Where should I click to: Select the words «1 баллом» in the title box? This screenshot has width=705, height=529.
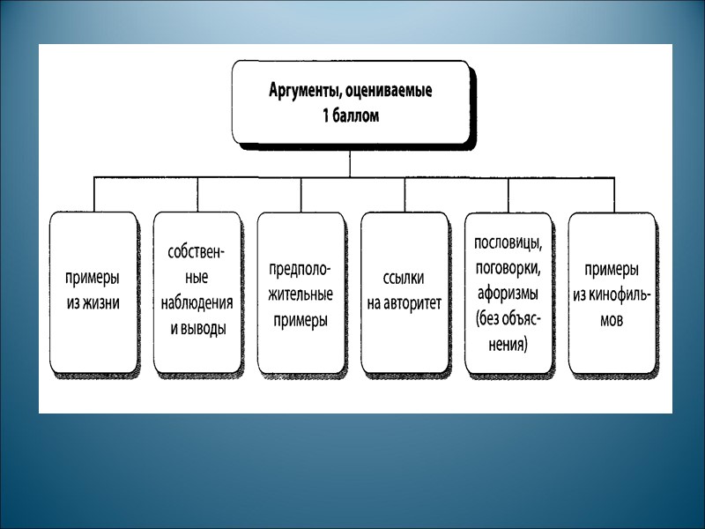coord(351,115)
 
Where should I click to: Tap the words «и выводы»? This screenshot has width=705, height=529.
coord(197,328)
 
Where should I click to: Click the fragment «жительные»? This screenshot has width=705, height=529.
coord(301,295)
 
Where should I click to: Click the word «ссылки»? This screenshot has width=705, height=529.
coord(404,279)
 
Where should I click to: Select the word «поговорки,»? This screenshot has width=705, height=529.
coord(508,266)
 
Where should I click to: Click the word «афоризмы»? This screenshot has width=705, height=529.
coord(508,292)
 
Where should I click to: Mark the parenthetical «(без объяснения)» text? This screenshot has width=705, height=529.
coord(508,331)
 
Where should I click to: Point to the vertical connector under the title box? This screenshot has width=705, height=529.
coord(351,163)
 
